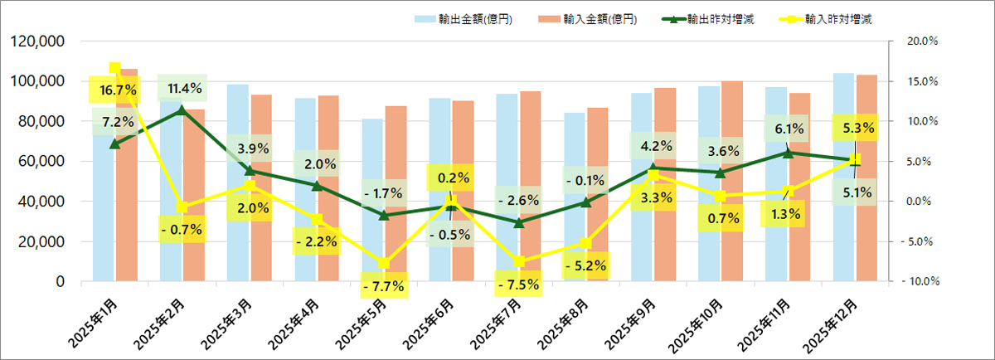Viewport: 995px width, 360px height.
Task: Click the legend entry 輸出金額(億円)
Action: (474, 18)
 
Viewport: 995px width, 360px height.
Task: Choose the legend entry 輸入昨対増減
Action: (839, 18)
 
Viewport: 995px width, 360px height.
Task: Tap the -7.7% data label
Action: (382, 287)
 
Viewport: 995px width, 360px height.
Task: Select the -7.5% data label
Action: (519, 284)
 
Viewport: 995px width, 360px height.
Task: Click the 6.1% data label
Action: (788, 129)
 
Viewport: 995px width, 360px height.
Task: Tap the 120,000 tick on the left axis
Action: (43, 41)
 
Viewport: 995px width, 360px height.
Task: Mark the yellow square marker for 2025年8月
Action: (587, 243)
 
